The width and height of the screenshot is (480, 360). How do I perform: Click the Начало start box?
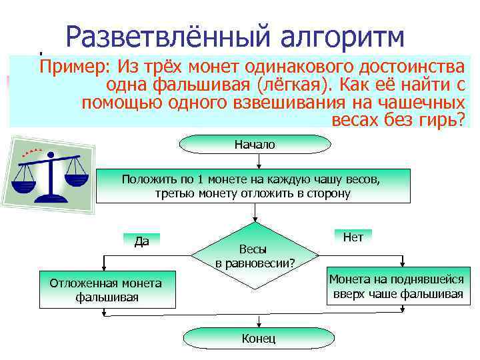coord(255,145)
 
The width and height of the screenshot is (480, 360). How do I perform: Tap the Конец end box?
coord(258,339)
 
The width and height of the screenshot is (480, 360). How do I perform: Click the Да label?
coord(141,241)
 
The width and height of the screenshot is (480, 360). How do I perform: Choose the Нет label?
coord(353,237)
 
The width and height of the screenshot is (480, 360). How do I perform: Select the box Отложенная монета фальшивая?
coord(107,290)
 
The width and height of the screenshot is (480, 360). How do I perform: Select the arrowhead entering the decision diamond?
coord(255,223)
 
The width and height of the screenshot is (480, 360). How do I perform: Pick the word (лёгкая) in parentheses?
coord(287,85)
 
